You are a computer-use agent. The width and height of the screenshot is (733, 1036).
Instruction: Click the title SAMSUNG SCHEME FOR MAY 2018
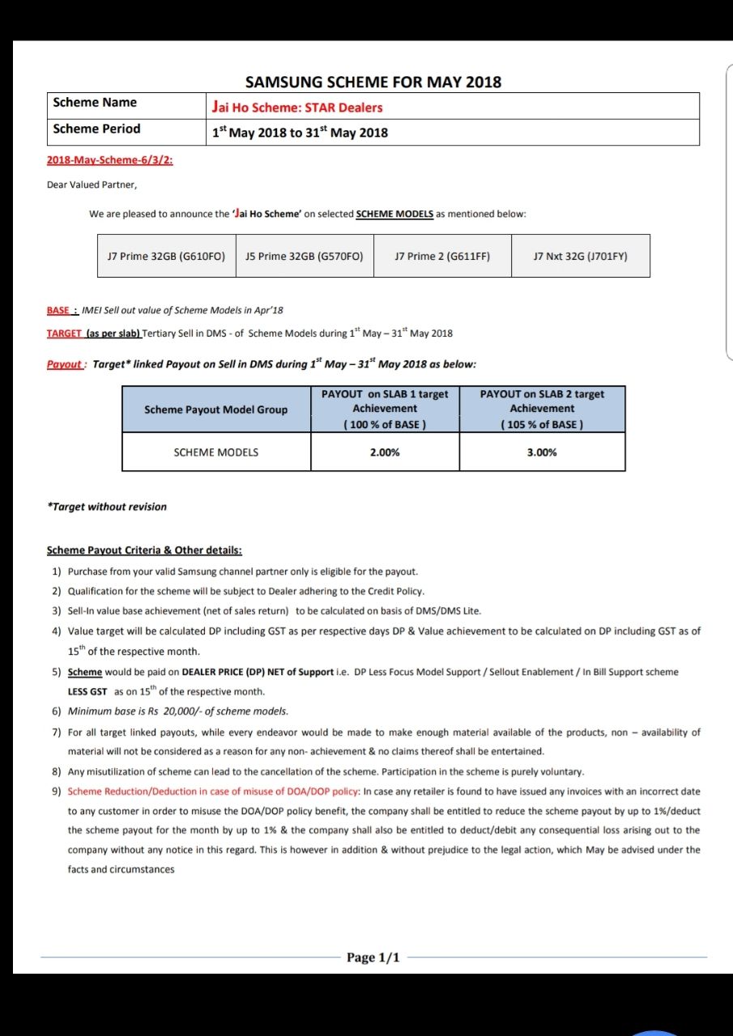tap(373, 82)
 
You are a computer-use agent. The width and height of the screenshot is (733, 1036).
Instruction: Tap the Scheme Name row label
tap(95, 103)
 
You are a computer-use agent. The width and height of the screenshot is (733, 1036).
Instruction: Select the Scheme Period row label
tap(96, 129)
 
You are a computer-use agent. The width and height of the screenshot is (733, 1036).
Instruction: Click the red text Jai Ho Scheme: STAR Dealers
tap(297, 107)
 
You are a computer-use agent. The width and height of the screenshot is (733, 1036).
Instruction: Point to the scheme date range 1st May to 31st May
tap(300, 132)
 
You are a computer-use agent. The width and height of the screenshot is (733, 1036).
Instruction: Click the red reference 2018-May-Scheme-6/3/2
tap(110, 159)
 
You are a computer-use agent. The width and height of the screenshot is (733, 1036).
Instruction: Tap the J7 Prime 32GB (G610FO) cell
tap(166, 256)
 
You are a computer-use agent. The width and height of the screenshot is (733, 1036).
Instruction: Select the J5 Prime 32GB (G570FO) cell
tap(305, 256)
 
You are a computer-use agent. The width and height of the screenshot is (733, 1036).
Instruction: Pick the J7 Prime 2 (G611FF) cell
tap(442, 256)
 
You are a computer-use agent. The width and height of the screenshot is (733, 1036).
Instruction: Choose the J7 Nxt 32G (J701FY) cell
tap(581, 256)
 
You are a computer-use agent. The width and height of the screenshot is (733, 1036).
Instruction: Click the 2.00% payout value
tap(385, 452)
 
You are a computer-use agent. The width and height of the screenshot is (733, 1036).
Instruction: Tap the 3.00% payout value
tap(542, 452)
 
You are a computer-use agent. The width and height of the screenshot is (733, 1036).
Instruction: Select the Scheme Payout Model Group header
tap(215, 410)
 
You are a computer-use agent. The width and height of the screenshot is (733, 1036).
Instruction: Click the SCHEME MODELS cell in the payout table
tap(216, 452)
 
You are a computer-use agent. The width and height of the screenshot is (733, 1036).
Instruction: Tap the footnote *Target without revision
tap(107, 507)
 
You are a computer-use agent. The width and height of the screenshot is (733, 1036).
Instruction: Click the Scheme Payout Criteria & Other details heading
tap(144, 550)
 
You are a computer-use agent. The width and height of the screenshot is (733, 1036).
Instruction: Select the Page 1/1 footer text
tap(373, 957)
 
